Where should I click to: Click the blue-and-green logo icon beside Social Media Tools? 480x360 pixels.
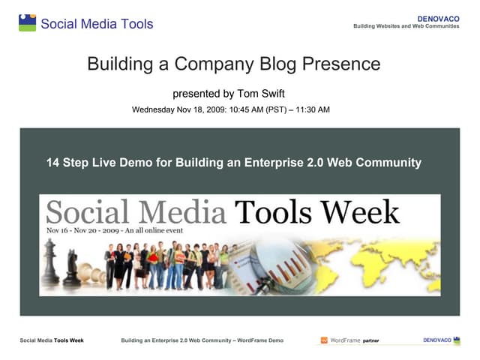(27, 22)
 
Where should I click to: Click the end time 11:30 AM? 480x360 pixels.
(309, 109)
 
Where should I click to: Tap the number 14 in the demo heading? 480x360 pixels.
(52, 162)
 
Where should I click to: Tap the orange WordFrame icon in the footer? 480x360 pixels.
(325, 340)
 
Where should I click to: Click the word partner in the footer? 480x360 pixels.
(370, 341)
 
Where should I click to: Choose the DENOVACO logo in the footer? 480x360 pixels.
(437, 340)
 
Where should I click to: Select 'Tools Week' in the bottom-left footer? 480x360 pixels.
(69, 340)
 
